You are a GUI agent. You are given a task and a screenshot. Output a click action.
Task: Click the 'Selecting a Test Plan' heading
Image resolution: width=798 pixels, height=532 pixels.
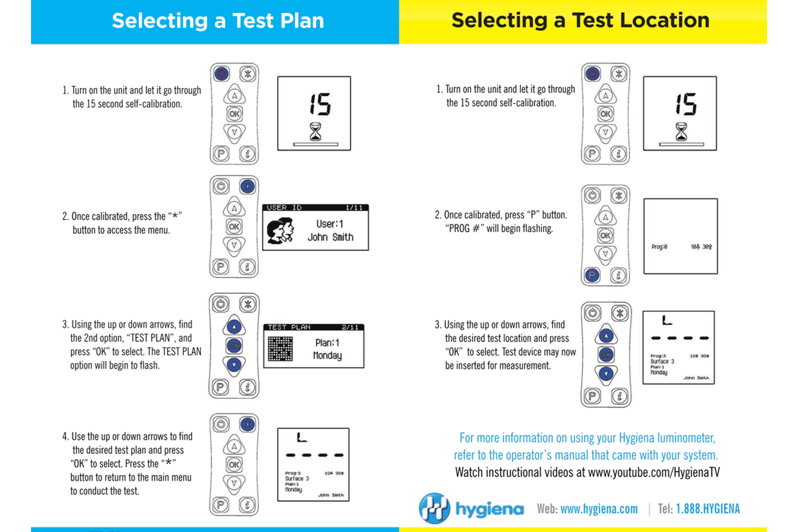(x=218, y=21)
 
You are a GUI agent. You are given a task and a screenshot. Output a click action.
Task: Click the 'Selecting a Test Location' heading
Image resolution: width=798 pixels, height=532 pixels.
(x=580, y=21)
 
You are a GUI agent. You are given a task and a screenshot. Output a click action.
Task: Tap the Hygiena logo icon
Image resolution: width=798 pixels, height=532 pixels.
(x=434, y=508)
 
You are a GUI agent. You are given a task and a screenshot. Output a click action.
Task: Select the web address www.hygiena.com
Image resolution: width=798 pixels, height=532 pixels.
(x=599, y=509)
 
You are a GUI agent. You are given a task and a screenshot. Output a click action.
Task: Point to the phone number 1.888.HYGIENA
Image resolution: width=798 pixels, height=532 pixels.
(x=708, y=509)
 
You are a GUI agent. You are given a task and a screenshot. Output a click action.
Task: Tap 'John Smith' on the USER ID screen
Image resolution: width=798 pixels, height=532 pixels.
(x=330, y=237)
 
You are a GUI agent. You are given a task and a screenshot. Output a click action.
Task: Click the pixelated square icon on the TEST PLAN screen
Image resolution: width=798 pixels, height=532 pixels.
(x=280, y=349)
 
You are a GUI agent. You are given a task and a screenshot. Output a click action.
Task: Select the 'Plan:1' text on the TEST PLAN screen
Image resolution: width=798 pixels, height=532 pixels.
(x=327, y=343)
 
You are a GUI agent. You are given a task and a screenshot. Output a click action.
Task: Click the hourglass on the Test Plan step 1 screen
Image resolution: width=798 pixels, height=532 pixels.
(x=315, y=132)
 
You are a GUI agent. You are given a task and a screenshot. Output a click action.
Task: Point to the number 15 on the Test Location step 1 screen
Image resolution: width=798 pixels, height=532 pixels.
(x=686, y=104)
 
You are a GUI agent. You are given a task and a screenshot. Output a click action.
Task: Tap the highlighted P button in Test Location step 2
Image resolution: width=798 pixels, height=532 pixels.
(x=592, y=275)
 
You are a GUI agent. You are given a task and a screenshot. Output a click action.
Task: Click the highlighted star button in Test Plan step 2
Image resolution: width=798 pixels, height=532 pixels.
(x=247, y=186)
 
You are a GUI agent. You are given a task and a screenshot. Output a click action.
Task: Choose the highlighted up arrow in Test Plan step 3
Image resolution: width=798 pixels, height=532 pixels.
(x=234, y=328)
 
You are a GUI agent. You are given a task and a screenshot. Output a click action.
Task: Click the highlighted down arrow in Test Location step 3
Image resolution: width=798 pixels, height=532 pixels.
(x=606, y=374)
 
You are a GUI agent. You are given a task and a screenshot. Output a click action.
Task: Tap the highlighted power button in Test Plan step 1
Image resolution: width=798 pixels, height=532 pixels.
(x=222, y=74)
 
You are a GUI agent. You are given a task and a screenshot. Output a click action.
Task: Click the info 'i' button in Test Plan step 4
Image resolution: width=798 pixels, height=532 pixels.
(x=247, y=505)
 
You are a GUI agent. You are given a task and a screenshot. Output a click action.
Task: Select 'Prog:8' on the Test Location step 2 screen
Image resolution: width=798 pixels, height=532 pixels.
(x=659, y=247)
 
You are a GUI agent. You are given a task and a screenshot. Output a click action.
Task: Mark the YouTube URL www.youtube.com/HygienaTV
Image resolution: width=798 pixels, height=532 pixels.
(x=654, y=473)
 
